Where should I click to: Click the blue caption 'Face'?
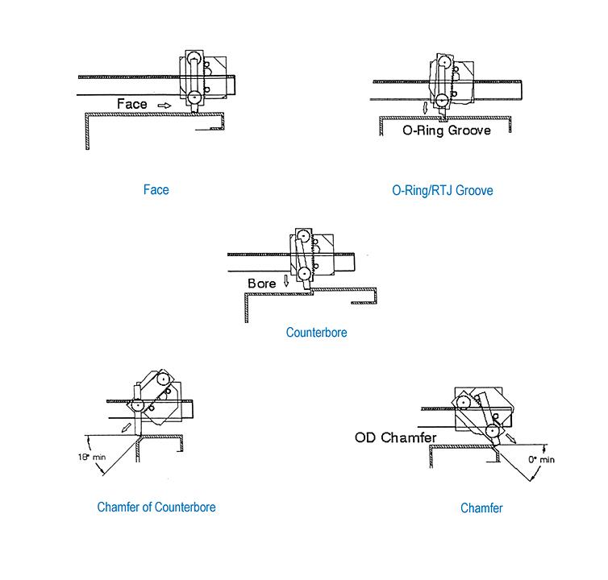tap(156, 190)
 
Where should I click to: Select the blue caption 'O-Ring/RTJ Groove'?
tap(442, 191)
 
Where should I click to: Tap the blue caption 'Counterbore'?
tap(316, 332)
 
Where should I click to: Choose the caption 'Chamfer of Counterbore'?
tap(156, 507)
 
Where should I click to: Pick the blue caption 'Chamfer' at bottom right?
tap(481, 508)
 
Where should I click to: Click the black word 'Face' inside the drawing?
tap(132, 104)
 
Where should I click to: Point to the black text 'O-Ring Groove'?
tap(446, 129)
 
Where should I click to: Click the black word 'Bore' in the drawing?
tap(261, 284)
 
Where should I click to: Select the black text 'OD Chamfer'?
tap(394, 438)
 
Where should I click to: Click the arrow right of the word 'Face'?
tap(164, 105)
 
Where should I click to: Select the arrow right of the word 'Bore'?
tap(283, 284)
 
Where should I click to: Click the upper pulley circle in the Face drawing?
tap(194, 58)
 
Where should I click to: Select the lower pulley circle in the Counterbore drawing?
tap(304, 274)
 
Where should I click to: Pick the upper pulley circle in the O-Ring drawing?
tap(443, 60)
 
